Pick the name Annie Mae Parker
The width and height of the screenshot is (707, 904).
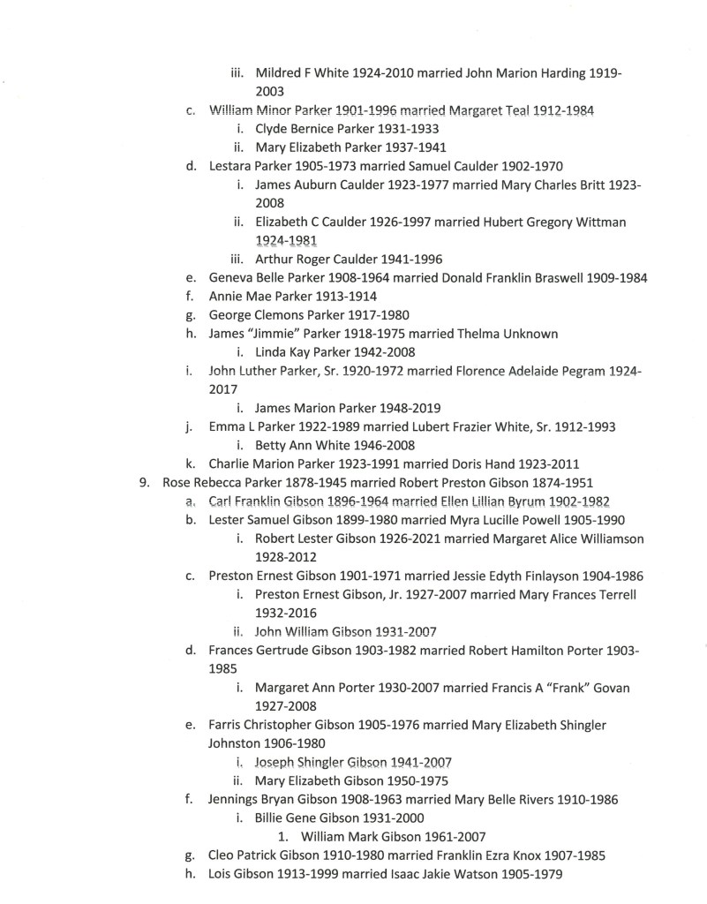pyautogui.click(x=263, y=297)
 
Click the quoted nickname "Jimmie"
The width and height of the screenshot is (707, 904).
pyautogui.click(x=278, y=334)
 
